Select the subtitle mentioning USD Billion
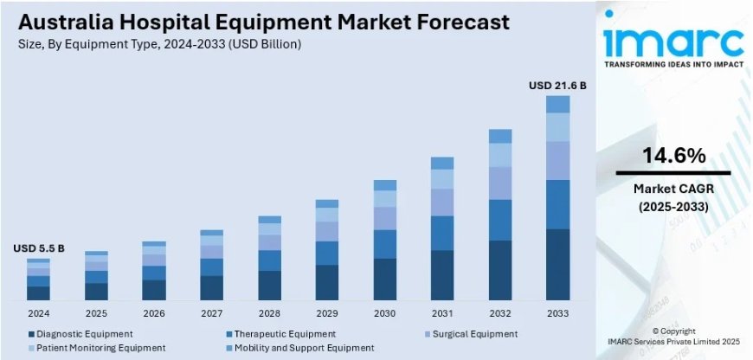coord(164,43)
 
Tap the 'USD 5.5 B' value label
coord(38,248)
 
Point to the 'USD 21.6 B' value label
coord(557,86)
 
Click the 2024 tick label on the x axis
coord(38,312)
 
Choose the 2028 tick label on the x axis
coord(269,312)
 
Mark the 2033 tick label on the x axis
coord(557,312)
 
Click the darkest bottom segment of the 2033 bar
coord(557,264)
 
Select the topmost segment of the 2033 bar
coord(557,104)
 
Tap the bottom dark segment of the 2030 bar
coord(384,278)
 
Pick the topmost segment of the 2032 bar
coord(500,136)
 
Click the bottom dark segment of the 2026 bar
coord(154,289)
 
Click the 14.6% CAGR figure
coord(673,156)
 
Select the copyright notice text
coord(673,336)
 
